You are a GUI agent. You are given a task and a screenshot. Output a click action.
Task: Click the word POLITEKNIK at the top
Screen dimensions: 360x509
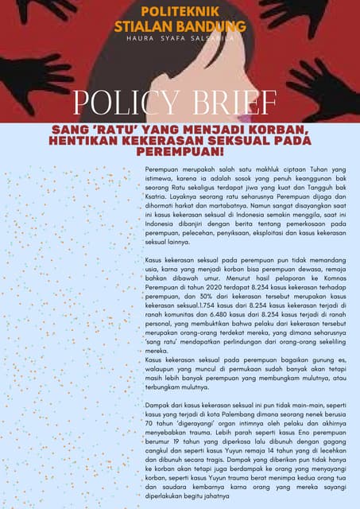coord(180,11)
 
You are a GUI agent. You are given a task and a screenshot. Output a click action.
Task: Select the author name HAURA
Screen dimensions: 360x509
coord(143,38)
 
